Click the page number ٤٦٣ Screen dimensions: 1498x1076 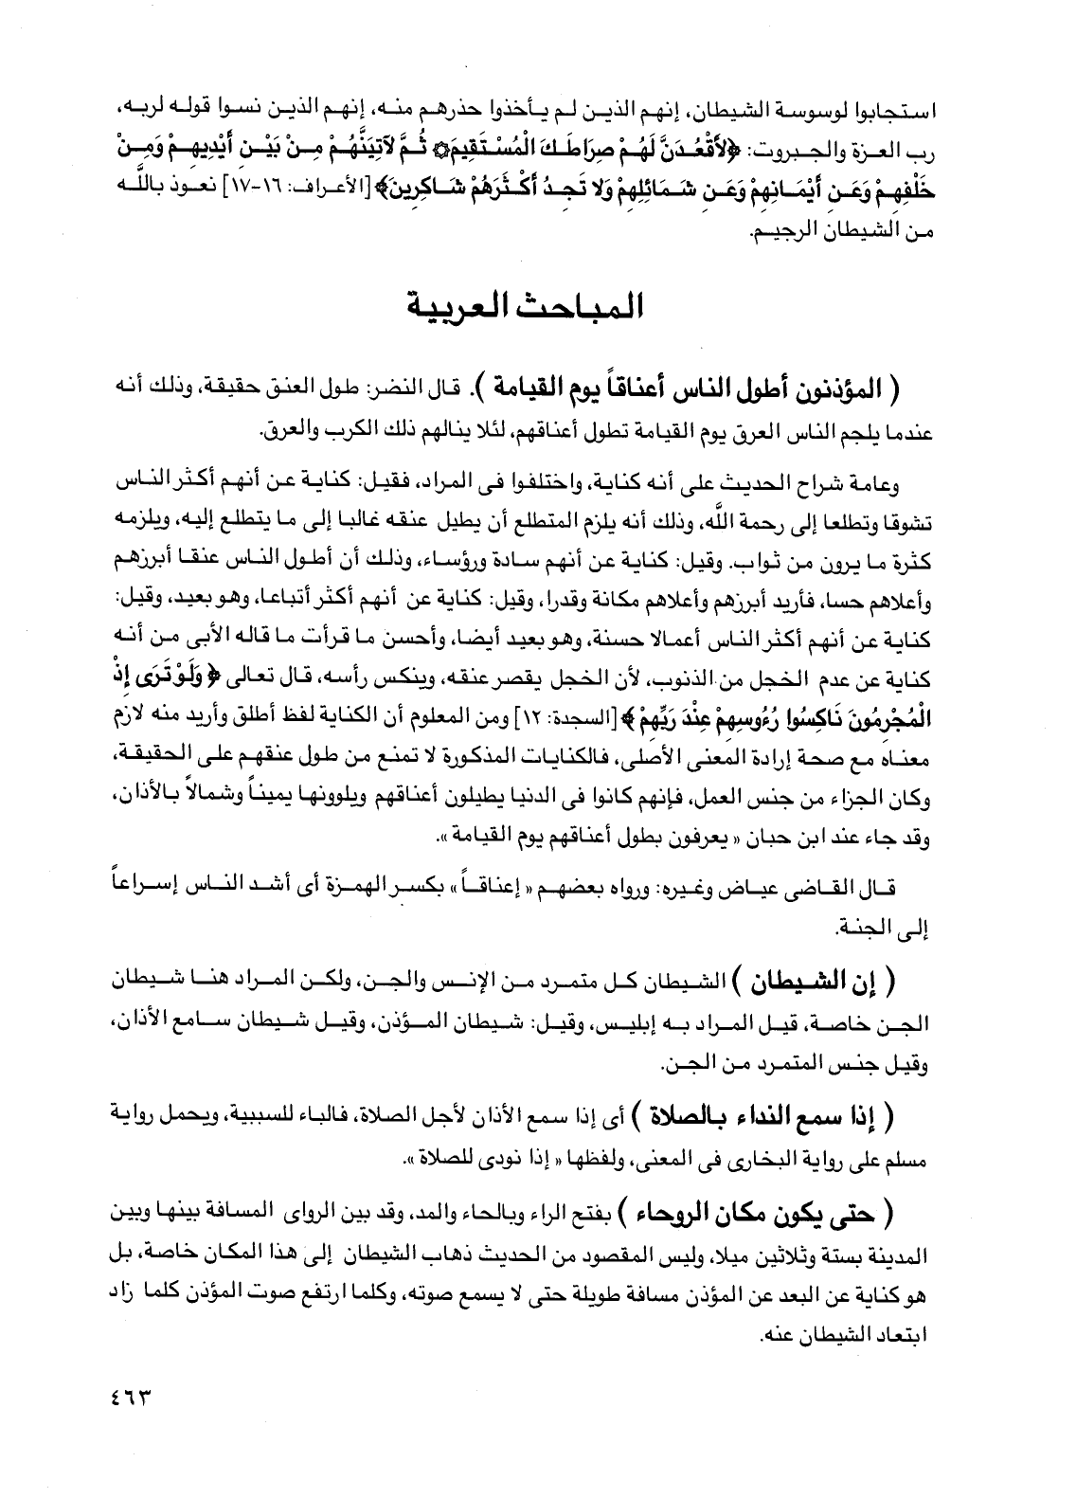pos(124,1397)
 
